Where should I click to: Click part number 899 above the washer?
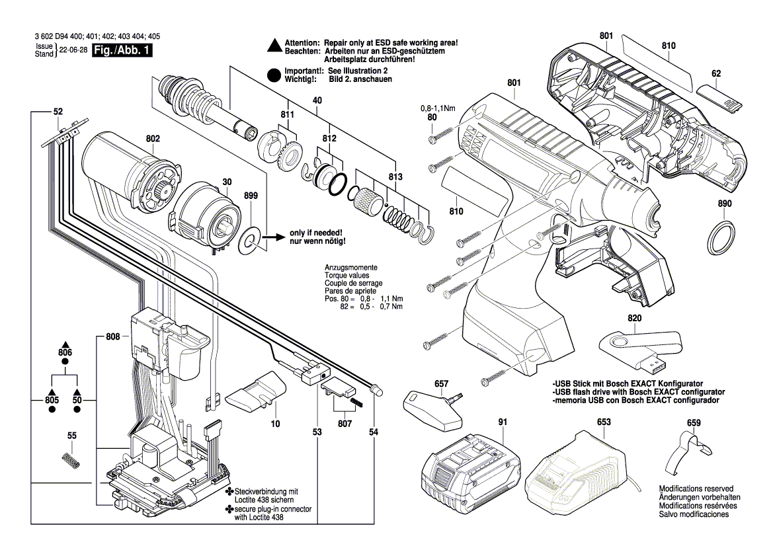click(251, 196)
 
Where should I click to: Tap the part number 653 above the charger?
click(603, 422)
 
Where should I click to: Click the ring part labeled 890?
click(723, 238)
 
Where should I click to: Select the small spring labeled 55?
click(71, 460)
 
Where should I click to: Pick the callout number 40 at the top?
click(317, 100)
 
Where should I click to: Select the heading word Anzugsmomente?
click(351, 267)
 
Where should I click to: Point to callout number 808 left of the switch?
click(112, 337)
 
